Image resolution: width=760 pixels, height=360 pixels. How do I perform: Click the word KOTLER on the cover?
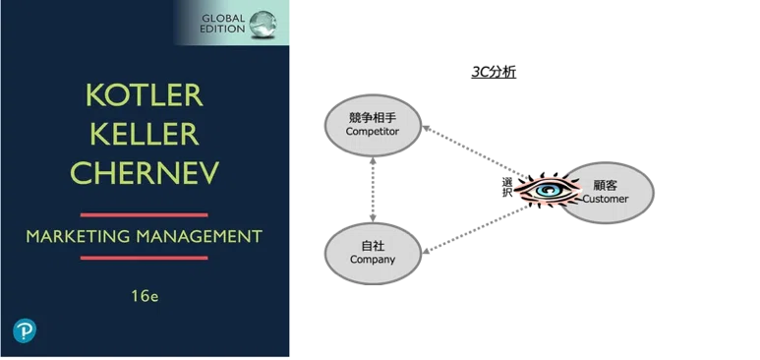pyautogui.click(x=145, y=96)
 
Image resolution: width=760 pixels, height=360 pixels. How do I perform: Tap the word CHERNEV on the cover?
pyautogui.click(x=145, y=172)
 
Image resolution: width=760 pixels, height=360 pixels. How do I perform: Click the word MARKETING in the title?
pyautogui.click(x=78, y=237)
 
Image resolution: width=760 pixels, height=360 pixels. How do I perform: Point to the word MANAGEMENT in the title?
pyautogui.click(x=200, y=237)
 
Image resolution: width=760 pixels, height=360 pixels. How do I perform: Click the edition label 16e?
pyautogui.click(x=145, y=296)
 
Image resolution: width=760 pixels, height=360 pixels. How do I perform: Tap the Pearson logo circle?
pyautogui.click(x=25, y=330)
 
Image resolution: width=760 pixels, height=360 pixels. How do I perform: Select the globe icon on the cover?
pyautogui.click(x=263, y=24)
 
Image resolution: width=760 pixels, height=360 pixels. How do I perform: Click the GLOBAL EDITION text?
pyautogui.click(x=223, y=24)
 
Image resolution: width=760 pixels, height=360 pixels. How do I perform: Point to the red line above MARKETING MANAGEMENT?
pyautogui.click(x=144, y=215)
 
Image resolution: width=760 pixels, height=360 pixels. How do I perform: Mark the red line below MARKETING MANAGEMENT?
pyautogui.click(x=144, y=258)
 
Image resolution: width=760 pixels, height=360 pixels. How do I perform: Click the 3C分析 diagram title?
pyautogui.click(x=494, y=73)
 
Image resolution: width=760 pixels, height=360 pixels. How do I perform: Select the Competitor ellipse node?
pyautogui.click(x=373, y=125)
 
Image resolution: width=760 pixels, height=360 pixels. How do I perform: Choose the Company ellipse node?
pyautogui.click(x=373, y=254)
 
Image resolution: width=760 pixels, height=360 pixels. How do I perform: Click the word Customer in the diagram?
pyautogui.click(x=606, y=199)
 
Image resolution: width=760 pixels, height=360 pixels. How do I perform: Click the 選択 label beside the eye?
pyautogui.click(x=506, y=188)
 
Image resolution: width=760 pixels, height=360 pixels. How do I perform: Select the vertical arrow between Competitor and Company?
pyautogui.click(x=373, y=190)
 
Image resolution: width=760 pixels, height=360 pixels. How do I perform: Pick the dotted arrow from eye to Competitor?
pyautogui.click(x=475, y=151)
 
